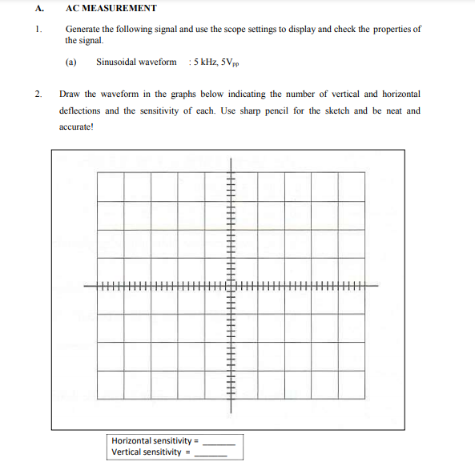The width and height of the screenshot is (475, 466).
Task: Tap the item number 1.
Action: pos(38,30)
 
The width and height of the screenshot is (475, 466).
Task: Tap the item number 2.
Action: pos(38,94)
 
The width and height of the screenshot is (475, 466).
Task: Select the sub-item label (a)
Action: pos(70,62)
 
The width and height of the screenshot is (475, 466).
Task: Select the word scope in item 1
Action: pos(263,30)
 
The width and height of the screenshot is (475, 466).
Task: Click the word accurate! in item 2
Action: pos(76,127)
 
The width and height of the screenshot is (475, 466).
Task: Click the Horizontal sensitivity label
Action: pos(151,440)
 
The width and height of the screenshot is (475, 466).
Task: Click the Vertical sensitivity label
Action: pos(147,452)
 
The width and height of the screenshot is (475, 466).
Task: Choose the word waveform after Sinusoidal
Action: pos(159,62)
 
